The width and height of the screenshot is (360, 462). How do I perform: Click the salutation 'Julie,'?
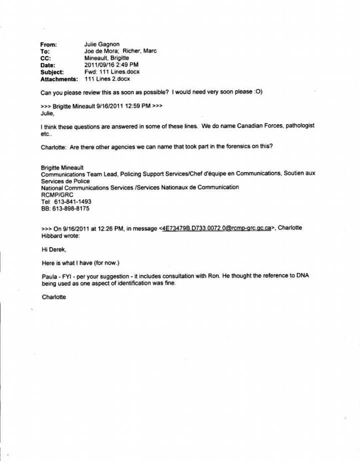point(47,113)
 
